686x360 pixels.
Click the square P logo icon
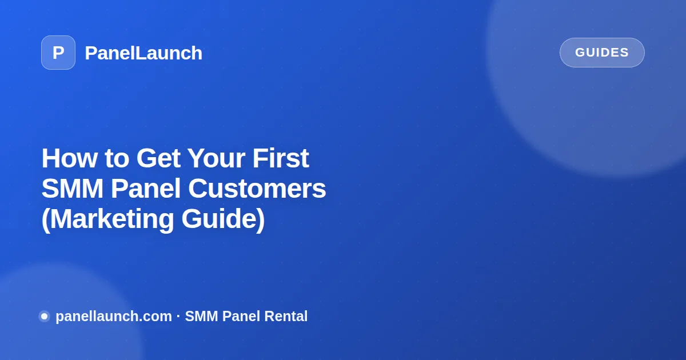[58, 53]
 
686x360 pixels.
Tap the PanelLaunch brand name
[143, 53]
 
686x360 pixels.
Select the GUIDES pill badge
[602, 53]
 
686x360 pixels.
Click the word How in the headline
[70, 158]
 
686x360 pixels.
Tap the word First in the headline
[281, 158]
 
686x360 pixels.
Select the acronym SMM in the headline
[73, 189]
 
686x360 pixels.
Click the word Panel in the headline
[146, 189]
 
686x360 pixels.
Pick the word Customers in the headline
[257, 189]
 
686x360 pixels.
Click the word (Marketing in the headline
[108, 219]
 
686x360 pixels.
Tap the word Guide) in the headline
[224, 219]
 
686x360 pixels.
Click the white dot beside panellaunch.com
[45, 316]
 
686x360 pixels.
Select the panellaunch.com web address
[114, 317]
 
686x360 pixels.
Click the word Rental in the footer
[286, 316]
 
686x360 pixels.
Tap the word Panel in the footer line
[241, 316]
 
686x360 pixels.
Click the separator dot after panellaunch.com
[178, 316]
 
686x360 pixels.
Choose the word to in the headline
[117, 159]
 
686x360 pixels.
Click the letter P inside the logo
[58, 53]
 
